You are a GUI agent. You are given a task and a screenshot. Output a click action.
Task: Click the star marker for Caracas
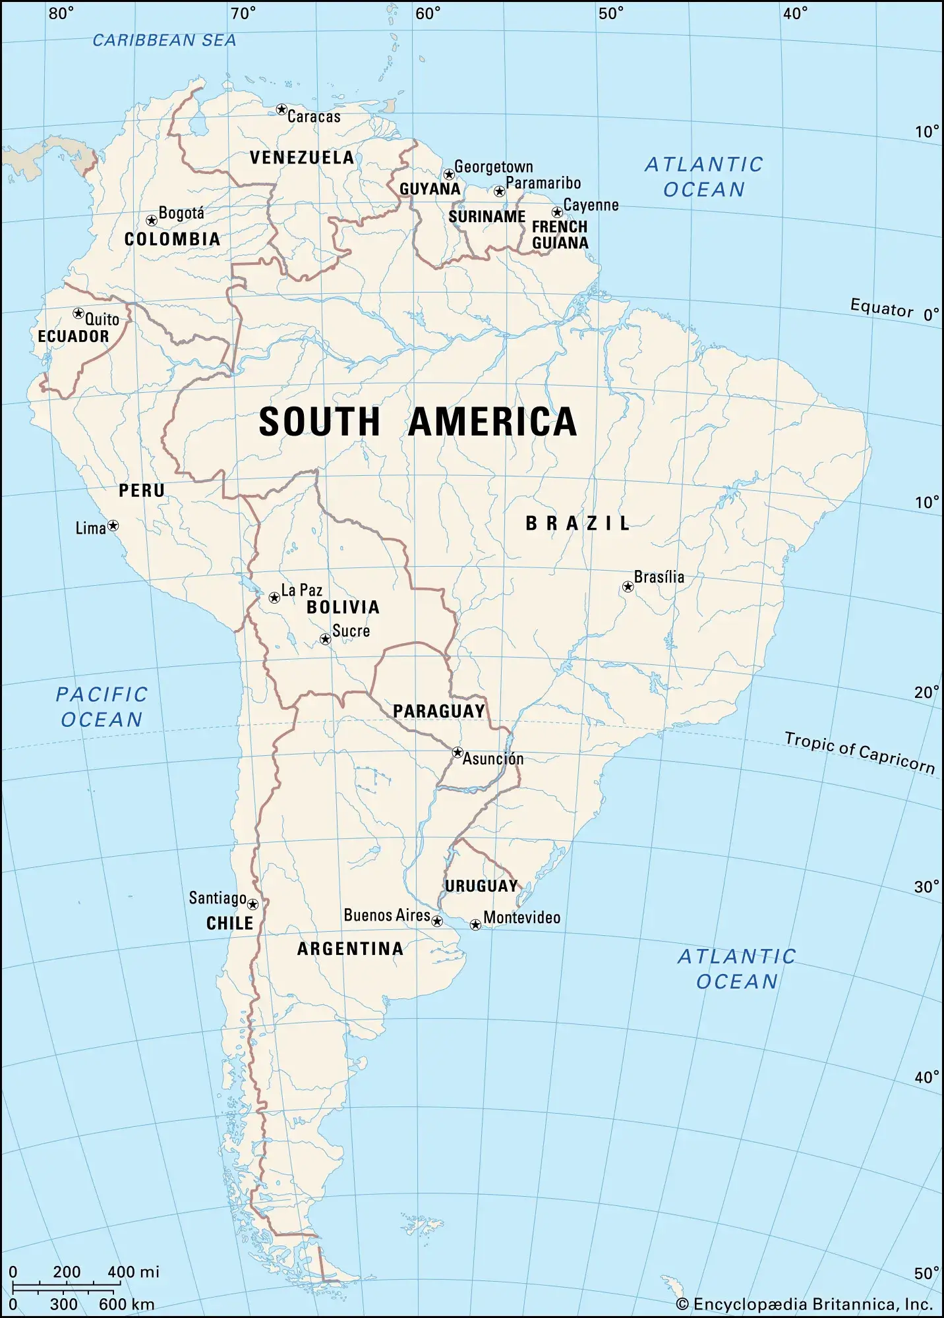tap(281, 109)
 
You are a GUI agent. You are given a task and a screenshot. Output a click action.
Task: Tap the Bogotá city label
tap(181, 214)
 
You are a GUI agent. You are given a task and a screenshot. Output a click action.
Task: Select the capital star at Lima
tap(113, 526)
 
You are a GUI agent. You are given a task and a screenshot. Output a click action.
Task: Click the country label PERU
tap(142, 491)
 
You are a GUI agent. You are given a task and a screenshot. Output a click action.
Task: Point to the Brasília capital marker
tap(628, 587)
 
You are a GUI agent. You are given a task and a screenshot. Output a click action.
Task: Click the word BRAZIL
tap(578, 524)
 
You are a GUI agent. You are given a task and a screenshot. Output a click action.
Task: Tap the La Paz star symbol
tap(274, 598)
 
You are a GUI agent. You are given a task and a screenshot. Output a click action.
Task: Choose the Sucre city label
tap(351, 631)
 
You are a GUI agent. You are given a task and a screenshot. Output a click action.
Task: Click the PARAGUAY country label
tap(439, 712)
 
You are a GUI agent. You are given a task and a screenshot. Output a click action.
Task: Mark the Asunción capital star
tap(457, 753)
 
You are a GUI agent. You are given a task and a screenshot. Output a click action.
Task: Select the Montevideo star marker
tap(475, 925)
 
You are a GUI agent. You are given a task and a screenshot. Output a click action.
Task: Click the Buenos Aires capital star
tap(437, 921)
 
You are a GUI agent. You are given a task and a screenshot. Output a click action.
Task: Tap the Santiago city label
tap(218, 898)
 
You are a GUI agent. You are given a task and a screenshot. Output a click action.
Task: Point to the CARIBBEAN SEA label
tap(164, 41)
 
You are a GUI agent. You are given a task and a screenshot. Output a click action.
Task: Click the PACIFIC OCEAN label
tap(102, 707)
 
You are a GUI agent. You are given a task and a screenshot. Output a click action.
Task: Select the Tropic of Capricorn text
tap(860, 753)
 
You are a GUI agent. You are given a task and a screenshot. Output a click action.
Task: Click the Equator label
tap(881, 308)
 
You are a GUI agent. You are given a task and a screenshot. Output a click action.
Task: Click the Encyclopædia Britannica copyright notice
tap(804, 1304)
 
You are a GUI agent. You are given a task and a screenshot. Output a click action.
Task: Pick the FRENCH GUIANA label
tap(560, 235)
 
